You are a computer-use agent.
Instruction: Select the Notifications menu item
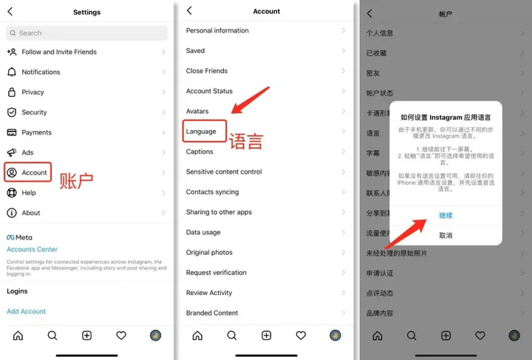click(41, 72)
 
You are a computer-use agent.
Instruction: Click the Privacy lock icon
click(12, 92)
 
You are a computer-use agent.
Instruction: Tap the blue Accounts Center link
click(32, 250)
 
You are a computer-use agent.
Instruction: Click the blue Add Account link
click(27, 312)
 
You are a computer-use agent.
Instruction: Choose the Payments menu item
click(36, 133)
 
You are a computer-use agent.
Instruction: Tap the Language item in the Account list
click(201, 132)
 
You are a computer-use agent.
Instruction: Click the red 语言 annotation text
click(245, 141)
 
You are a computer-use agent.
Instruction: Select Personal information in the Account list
click(217, 31)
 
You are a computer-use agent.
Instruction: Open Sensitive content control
click(224, 172)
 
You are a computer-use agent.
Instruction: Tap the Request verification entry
click(216, 273)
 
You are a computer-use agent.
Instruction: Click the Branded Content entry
click(212, 313)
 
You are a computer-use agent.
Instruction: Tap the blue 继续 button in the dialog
click(446, 216)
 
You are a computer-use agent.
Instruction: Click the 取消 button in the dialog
click(446, 236)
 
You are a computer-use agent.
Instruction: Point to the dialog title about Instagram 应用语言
click(446, 117)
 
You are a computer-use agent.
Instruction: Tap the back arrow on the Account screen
click(190, 11)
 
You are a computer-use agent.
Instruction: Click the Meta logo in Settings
click(19, 238)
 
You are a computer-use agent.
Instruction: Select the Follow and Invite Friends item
click(59, 52)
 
